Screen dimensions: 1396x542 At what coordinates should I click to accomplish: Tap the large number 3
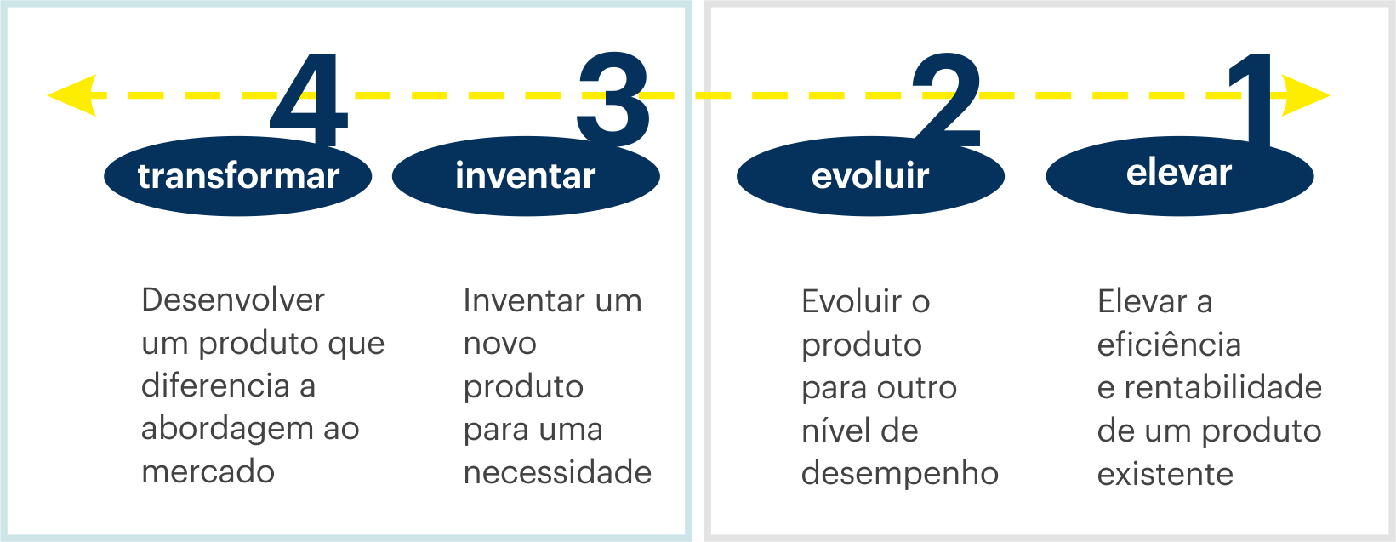point(613,100)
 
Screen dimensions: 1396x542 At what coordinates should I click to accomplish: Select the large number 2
point(947,100)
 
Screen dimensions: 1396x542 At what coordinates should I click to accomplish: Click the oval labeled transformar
point(238,176)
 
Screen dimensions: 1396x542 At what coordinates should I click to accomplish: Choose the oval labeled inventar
point(526,176)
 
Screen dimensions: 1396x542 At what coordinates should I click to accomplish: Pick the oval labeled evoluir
point(870,176)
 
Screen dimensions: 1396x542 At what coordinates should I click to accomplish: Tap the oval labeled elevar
point(1180,176)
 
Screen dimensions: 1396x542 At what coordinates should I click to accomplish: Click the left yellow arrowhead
point(71,95)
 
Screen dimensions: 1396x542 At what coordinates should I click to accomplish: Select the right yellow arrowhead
point(1306,95)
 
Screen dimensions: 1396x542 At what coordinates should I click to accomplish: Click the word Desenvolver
point(233,300)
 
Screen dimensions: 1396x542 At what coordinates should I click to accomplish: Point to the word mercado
point(208,471)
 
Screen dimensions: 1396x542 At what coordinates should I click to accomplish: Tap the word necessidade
point(558,472)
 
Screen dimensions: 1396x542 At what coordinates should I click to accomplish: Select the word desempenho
point(900,473)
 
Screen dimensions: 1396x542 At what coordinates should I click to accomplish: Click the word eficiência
point(1169,345)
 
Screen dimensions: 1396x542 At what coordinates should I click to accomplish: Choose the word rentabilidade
point(1222,387)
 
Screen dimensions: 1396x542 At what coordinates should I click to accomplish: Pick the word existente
point(1165,474)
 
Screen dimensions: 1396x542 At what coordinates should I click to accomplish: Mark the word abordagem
point(227,429)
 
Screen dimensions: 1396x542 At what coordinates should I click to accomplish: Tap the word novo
point(500,343)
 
